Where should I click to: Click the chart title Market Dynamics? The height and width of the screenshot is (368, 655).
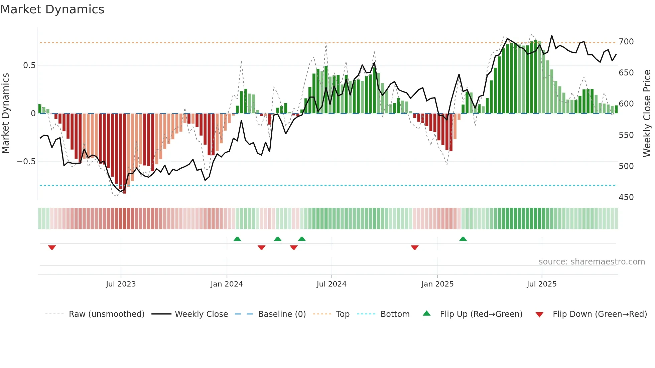tap(52, 9)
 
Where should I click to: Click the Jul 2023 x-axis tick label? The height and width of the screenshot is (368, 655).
tap(121, 284)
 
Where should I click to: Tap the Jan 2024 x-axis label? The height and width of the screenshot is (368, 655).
tap(227, 284)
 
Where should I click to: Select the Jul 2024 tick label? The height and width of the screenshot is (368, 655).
tap(331, 284)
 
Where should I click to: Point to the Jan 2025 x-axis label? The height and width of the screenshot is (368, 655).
tap(437, 284)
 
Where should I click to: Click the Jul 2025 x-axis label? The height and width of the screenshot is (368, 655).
tap(541, 284)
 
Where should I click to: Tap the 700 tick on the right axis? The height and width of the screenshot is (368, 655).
tap(626, 42)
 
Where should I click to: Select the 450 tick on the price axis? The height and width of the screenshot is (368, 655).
tap(626, 197)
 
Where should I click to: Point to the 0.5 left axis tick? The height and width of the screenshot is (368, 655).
tap(29, 65)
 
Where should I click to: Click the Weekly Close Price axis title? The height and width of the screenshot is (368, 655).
tap(647, 113)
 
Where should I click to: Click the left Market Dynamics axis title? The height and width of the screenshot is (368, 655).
tap(5, 113)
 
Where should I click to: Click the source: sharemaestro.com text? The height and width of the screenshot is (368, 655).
tap(592, 262)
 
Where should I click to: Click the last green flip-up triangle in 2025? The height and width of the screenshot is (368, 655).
tap(463, 239)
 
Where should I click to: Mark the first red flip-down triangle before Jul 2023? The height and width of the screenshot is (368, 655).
tap(52, 247)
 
